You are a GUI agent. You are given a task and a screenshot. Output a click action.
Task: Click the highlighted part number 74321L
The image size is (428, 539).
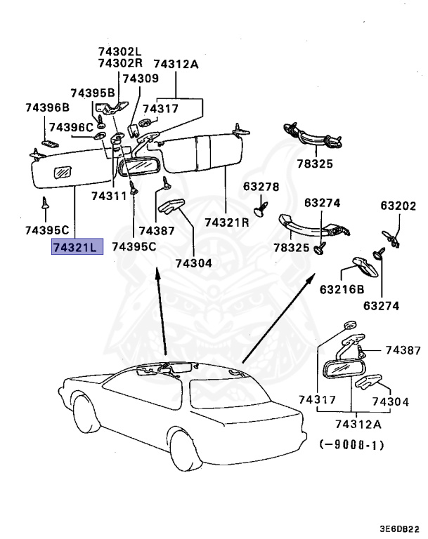point(77,246)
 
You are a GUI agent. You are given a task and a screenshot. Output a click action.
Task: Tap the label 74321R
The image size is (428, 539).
point(226,222)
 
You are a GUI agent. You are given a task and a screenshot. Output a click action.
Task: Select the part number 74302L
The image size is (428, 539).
point(120,51)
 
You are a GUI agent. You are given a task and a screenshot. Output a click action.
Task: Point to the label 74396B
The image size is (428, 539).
point(48,107)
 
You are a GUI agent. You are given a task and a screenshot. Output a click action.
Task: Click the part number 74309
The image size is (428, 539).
point(141,79)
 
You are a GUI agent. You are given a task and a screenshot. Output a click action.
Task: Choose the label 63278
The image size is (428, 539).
point(261,187)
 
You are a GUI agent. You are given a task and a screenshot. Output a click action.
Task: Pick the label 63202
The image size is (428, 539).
point(398,206)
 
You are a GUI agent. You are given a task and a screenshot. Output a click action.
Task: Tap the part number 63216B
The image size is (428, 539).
point(342,289)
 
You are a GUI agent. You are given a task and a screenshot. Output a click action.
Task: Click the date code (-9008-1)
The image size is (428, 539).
point(351,445)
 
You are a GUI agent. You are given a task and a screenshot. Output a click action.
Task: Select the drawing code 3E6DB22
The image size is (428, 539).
point(399,528)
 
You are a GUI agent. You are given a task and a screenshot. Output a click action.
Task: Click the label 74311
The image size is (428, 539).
point(109,196)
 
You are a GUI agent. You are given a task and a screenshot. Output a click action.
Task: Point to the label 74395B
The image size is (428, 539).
point(93,93)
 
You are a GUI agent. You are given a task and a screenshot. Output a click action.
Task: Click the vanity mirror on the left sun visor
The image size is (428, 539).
point(63,172)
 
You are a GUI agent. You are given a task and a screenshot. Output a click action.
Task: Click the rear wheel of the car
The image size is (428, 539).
point(186,451)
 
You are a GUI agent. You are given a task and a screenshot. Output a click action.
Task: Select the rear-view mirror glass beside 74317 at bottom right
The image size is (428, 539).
point(340,370)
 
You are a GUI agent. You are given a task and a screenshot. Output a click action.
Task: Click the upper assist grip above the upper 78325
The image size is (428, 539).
point(312,135)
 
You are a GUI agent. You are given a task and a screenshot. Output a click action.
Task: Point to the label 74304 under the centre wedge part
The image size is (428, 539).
point(193,263)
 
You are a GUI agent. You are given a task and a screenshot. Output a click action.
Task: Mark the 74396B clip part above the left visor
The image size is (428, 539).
point(50,143)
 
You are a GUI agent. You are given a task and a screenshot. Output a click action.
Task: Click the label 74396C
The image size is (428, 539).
point(71,128)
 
